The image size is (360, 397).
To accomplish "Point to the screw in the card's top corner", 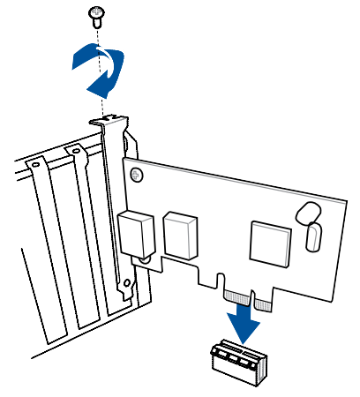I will coord(136,175).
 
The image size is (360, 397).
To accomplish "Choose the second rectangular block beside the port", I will coord(183,233).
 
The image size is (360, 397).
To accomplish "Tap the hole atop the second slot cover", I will coord(77,151).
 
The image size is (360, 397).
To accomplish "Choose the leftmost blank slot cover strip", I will coord(44,256).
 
